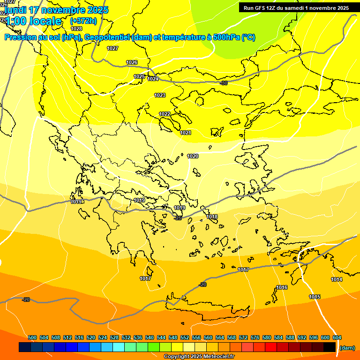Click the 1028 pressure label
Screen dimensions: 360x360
pos(76,29)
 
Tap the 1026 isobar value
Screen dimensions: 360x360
pos(132,63)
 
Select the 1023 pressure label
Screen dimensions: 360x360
pos(160,96)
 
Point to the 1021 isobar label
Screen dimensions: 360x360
pos(186,133)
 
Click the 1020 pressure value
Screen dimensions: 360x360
pos(193,157)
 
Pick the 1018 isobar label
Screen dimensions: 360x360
pos(212,217)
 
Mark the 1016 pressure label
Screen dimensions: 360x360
pos(282,288)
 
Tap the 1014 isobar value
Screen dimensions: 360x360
pos(337,280)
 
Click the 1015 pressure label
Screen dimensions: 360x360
pos(315,297)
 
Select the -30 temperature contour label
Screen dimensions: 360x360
pos(224,83)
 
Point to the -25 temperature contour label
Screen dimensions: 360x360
pos(178,218)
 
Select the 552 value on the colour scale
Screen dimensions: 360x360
pos(185,338)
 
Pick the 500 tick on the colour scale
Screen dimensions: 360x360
pos(32,338)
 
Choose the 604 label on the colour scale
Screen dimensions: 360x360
pos(337,338)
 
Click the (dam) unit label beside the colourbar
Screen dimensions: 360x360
pos(347,348)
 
